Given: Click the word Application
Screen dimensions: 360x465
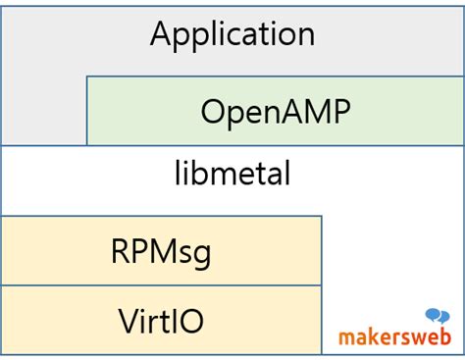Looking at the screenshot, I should coord(232,35).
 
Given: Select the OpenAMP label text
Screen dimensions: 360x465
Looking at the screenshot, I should coord(275,111).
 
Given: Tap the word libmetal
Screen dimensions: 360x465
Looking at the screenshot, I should coord(232,175).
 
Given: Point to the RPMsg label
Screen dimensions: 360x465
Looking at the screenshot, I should coord(161,251).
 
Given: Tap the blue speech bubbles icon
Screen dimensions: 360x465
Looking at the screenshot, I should coord(438,316).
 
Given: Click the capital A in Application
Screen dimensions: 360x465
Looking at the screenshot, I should coord(162,34).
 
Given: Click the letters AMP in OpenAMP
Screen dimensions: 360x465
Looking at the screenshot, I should coord(316,111).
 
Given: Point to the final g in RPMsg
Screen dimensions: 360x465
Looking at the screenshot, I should coord(201,254).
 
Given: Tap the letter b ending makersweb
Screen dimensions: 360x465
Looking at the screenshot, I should coord(445,335).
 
